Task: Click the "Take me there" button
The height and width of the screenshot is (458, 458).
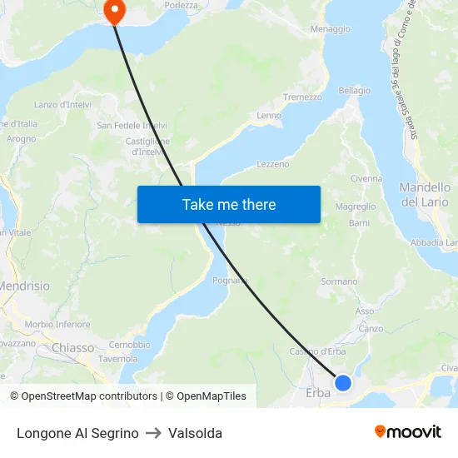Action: tap(229, 204)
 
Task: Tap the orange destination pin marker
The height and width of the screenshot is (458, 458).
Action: tap(113, 11)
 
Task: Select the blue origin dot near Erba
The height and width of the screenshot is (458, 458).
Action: tap(342, 383)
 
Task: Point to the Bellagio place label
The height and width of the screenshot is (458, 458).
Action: tap(354, 90)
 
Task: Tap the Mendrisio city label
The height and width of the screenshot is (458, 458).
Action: tap(23, 286)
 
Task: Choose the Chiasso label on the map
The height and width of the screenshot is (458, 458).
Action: tap(73, 347)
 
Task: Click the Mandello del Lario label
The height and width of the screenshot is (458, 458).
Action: tap(424, 195)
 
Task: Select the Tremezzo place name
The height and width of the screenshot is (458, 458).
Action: tap(302, 97)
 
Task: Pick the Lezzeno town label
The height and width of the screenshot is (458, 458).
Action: tap(273, 165)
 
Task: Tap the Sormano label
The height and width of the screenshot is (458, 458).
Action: tap(339, 281)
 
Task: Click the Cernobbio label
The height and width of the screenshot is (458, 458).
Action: tap(129, 345)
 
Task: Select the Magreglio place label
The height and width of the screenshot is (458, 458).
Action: tap(355, 207)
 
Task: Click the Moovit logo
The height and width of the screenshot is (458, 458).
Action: tap(408, 431)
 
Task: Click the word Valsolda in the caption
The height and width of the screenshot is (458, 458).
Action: tap(195, 433)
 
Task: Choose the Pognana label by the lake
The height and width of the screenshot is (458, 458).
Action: tap(231, 281)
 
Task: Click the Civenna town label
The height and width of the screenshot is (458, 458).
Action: tap(366, 178)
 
